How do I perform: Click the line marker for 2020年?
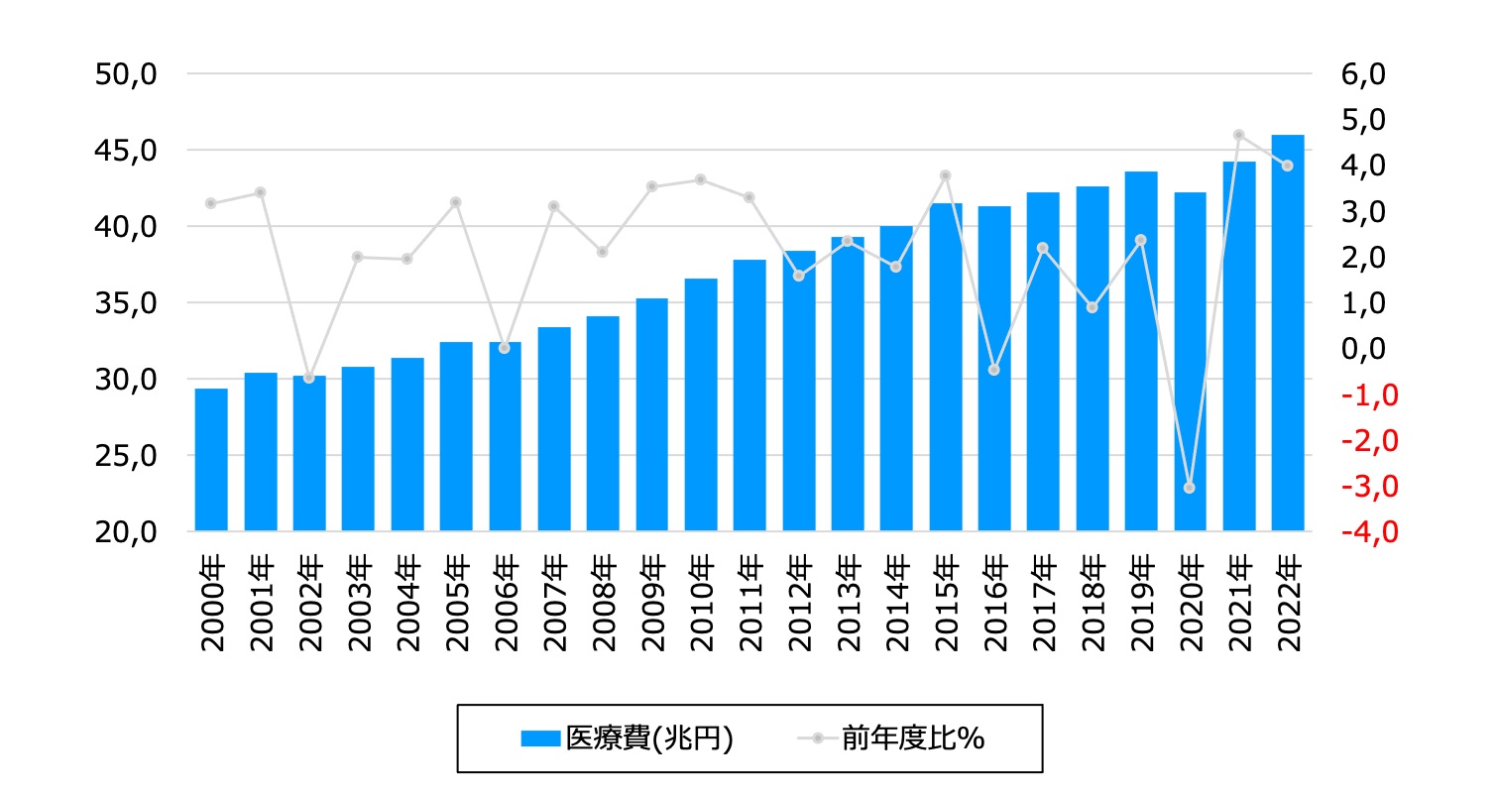[x=1190, y=488]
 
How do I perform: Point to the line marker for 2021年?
[x=1238, y=135]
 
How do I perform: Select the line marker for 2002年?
[x=309, y=378]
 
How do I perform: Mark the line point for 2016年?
[x=994, y=370]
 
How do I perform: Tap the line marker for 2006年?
[x=505, y=348]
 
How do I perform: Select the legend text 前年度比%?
[x=913, y=738]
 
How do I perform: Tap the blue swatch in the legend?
[x=540, y=738]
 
